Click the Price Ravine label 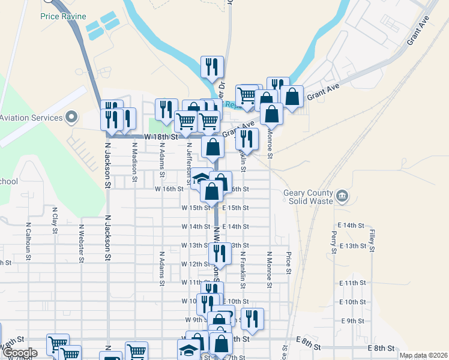63,16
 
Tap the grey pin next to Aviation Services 71,116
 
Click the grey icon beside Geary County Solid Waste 342,196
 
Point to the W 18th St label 162,137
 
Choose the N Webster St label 81,244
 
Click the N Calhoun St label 28,242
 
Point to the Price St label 289,263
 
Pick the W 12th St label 194,264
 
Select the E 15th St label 235,208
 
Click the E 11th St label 352,283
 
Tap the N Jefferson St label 188,160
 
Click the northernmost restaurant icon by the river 211,67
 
